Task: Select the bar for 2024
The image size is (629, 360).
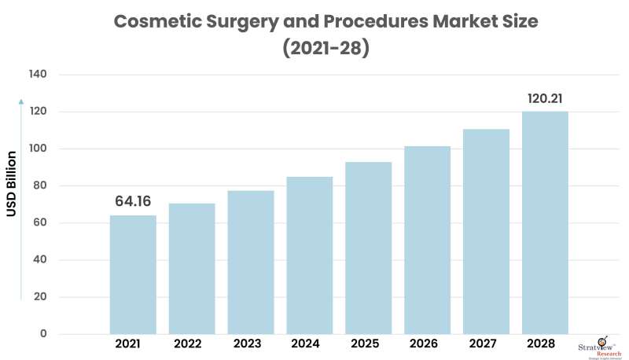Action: (310, 255)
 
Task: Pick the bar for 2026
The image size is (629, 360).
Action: (427, 240)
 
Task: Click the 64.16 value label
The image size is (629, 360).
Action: (133, 201)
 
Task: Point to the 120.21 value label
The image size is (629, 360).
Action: (544, 98)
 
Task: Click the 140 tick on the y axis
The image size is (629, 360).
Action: (39, 75)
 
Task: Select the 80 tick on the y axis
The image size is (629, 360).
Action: (41, 186)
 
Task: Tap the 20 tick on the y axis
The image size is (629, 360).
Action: (41, 297)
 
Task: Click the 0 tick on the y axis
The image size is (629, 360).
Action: (44, 334)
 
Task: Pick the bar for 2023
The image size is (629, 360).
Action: (251, 262)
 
